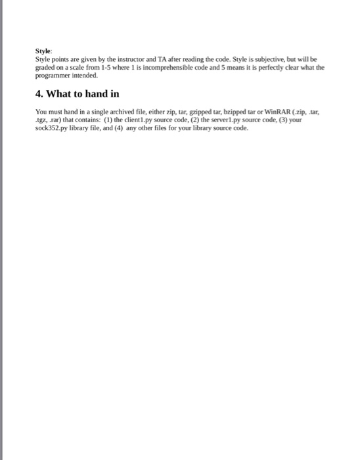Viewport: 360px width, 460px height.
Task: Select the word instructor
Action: pyautogui.click(x=129, y=58)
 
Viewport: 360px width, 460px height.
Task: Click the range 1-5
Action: pyautogui.click(x=97, y=66)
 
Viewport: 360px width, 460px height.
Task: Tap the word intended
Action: pyautogui.click(x=85, y=75)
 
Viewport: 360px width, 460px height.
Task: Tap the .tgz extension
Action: pyautogui.click(x=41, y=120)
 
